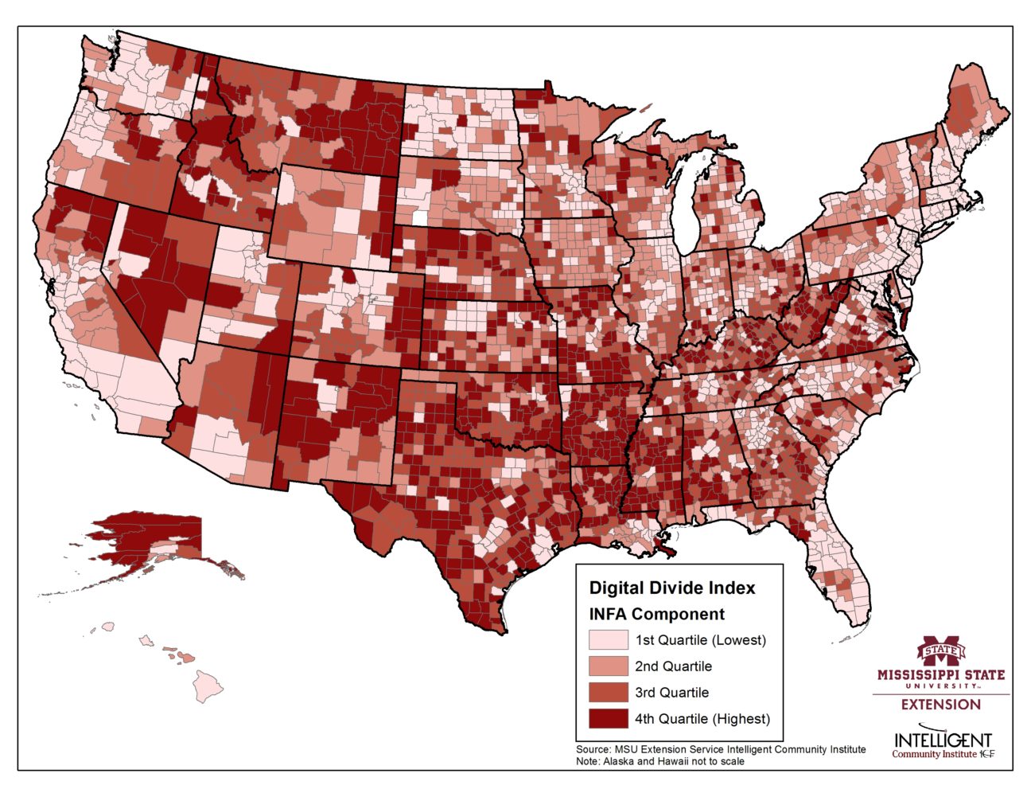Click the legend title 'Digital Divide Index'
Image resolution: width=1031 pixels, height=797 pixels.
point(671,588)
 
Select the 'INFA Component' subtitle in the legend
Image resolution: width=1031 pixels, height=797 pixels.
point(656,614)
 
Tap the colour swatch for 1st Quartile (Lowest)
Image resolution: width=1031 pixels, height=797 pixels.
point(607,640)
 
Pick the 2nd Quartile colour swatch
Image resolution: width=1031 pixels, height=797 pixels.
point(607,666)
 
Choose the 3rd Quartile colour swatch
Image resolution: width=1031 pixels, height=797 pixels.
point(607,693)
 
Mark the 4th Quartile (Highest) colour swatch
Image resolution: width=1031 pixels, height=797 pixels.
point(607,719)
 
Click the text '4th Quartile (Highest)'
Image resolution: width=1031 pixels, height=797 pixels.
point(702,719)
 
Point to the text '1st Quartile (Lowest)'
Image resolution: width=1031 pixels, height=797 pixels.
point(700,640)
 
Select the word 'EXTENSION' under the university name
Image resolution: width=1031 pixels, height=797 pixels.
point(940,705)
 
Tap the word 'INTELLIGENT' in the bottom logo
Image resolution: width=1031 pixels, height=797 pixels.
point(943,740)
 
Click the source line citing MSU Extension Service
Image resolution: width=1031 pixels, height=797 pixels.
point(721,749)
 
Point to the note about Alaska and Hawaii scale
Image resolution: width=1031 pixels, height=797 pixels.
point(660,761)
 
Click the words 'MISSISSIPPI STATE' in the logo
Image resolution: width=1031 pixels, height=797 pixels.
point(940,675)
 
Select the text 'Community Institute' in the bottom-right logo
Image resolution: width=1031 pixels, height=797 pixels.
point(933,754)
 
